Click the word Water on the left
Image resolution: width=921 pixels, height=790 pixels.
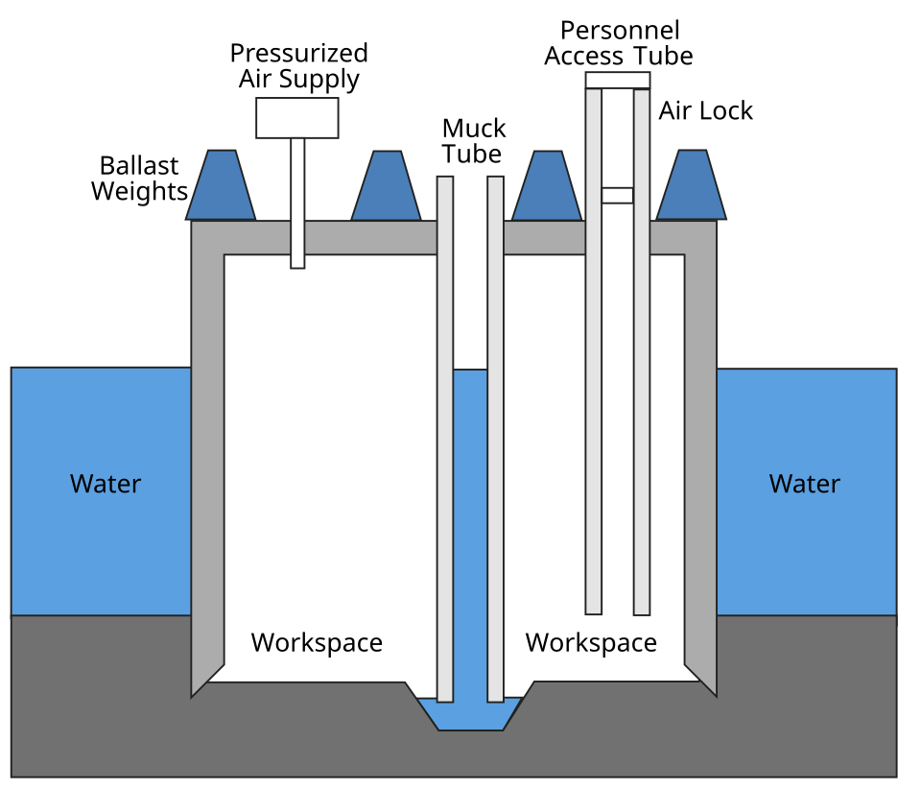click(x=106, y=484)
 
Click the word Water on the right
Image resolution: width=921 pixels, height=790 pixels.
click(x=804, y=484)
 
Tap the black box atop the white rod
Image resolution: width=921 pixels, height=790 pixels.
click(x=297, y=117)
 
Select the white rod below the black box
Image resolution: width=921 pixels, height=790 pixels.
click(x=297, y=202)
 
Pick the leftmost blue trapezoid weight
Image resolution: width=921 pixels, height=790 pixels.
click(x=221, y=187)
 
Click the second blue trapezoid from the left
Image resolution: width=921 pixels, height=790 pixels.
click(x=387, y=188)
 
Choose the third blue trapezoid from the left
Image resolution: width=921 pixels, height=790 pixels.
click(x=547, y=188)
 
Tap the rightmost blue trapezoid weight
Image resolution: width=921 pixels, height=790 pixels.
click(x=692, y=187)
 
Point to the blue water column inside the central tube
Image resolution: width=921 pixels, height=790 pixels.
click(x=470, y=528)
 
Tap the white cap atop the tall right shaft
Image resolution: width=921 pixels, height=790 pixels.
click(x=618, y=81)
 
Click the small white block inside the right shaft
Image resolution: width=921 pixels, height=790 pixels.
click(x=618, y=196)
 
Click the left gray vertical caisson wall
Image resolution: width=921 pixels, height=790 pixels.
click(x=207, y=461)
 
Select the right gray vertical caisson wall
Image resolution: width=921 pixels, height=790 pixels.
click(x=700, y=461)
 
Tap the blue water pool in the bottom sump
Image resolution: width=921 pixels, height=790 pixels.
click(x=470, y=715)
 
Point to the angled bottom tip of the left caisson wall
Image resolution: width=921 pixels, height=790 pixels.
click(x=203, y=679)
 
